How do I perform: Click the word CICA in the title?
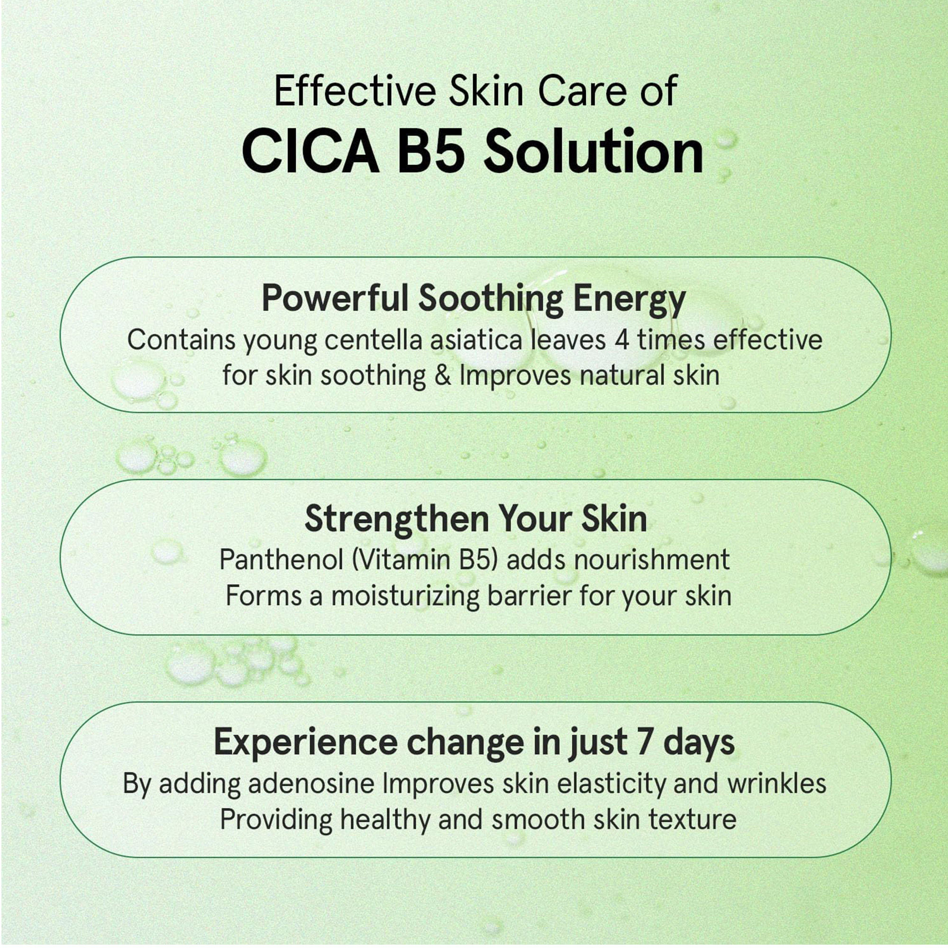(310, 152)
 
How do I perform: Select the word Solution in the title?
(594, 151)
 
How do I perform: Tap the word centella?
(374, 339)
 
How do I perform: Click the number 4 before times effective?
(622, 340)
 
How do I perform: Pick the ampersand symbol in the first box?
(444, 376)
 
